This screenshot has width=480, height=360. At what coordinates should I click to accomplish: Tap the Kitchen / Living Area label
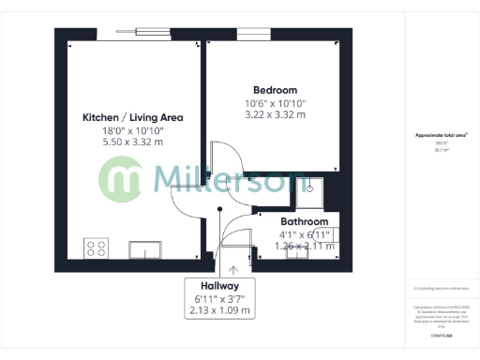132,118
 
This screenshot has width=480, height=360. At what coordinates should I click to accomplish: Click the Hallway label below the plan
219,286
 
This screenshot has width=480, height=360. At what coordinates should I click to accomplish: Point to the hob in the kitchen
96,247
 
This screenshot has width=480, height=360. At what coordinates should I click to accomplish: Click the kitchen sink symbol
146,248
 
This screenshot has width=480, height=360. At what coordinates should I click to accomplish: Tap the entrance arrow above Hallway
219,269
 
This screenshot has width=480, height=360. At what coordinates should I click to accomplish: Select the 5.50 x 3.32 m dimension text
132,142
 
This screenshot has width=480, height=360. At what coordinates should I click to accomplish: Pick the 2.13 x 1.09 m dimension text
219,310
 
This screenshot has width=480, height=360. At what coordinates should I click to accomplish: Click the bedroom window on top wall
253,35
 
